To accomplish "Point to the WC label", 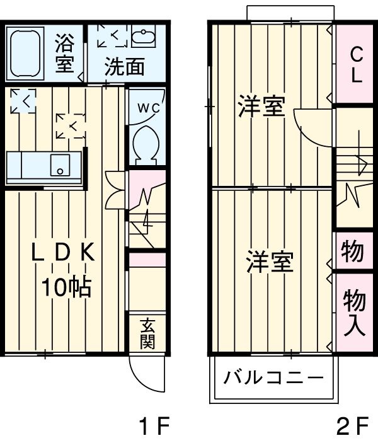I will pyautogui.click(x=149, y=108).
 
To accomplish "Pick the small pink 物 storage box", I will pyautogui.click(x=353, y=251).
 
